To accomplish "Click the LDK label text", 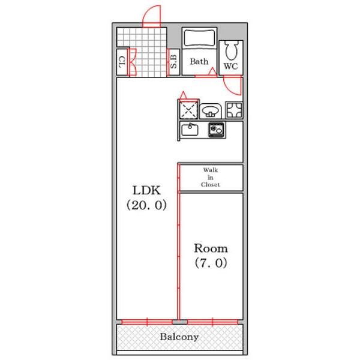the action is click(x=146, y=190).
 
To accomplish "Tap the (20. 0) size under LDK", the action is click(x=146, y=205).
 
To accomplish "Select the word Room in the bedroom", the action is click(x=211, y=248).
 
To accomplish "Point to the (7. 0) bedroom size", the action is click(x=211, y=263).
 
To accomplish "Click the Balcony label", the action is click(x=179, y=337).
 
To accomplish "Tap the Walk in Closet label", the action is click(x=211, y=177).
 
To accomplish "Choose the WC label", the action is click(x=231, y=67).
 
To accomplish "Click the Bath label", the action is click(x=199, y=61).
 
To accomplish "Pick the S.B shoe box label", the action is click(x=174, y=62).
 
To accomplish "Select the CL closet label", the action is click(x=122, y=62).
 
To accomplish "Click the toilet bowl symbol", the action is click(x=231, y=50).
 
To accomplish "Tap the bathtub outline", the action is click(x=200, y=38).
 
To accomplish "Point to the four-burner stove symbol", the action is click(x=234, y=110).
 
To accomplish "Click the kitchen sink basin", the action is click(x=190, y=130).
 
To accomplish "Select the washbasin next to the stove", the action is click(x=211, y=112).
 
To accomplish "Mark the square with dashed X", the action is click(x=188, y=110).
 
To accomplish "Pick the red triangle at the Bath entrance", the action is click(x=212, y=71).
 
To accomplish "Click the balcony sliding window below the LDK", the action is click(x=147, y=322).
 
